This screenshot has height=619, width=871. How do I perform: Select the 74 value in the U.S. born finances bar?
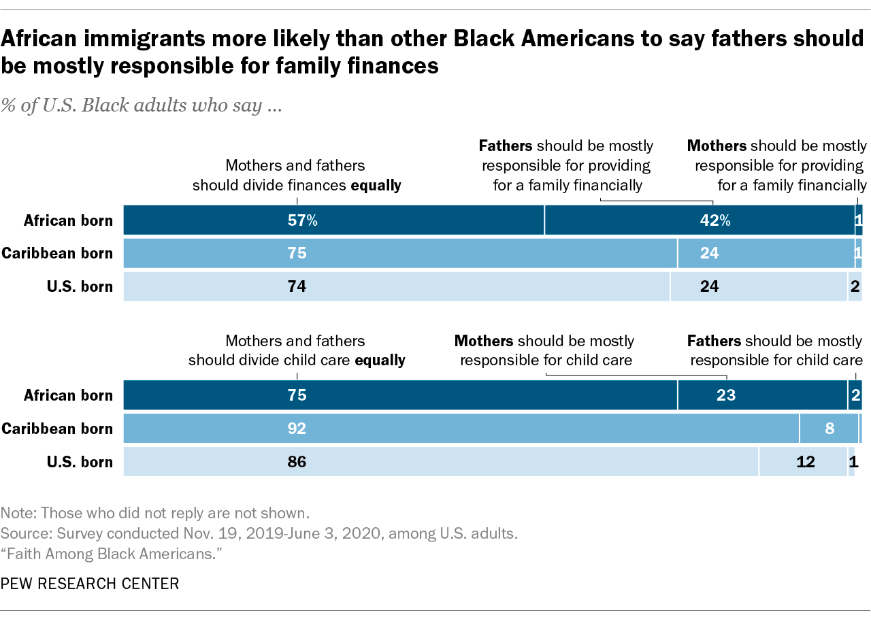[x=297, y=286]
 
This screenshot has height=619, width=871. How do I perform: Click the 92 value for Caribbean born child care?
[x=297, y=429]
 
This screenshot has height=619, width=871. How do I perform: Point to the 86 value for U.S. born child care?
[x=297, y=462]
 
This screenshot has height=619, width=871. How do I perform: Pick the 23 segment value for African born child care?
[x=726, y=395]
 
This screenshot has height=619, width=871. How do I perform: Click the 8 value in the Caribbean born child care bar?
[x=829, y=429]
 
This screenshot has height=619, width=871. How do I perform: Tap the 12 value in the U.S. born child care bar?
[x=806, y=462]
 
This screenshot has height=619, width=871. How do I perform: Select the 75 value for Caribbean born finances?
[x=297, y=253]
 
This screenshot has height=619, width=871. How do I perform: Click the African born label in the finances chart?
[x=68, y=220]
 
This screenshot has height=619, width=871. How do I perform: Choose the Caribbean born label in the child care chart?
[x=57, y=429]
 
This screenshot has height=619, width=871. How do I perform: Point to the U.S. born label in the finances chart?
[x=80, y=286]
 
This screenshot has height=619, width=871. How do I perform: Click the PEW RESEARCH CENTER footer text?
[x=90, y=583]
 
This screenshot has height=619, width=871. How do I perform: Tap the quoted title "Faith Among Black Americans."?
[x=112, y=554]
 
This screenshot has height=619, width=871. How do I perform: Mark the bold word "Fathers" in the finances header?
[x=506, y=146]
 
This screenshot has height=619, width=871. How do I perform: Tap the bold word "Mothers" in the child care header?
[x=484, y=340]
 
